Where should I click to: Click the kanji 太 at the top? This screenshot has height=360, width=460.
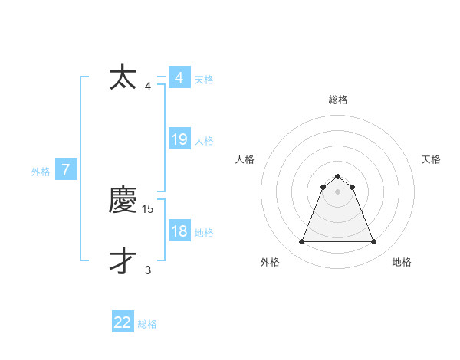123,77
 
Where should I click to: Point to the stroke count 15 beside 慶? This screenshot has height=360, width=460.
149,208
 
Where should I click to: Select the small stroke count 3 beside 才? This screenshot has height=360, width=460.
148,270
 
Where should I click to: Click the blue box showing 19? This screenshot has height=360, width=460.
179,139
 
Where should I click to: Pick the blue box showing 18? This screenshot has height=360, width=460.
179,231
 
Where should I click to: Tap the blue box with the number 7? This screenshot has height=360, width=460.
67,170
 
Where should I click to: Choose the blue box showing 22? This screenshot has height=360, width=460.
123,322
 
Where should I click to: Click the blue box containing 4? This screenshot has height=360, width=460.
179,78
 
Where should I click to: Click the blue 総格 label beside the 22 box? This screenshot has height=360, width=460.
147,324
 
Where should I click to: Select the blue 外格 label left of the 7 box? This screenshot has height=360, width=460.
41,172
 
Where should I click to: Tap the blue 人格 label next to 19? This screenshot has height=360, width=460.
204,141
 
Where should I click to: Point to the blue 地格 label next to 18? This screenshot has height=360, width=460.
204,233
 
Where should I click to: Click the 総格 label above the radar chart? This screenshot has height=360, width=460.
338,100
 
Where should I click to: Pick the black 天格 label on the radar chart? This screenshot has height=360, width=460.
431,159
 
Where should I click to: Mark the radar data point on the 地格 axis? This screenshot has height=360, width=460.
374,242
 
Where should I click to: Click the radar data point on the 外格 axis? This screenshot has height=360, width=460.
301,242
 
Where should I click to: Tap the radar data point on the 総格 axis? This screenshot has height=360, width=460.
338,177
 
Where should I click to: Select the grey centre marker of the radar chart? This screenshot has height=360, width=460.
338,191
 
